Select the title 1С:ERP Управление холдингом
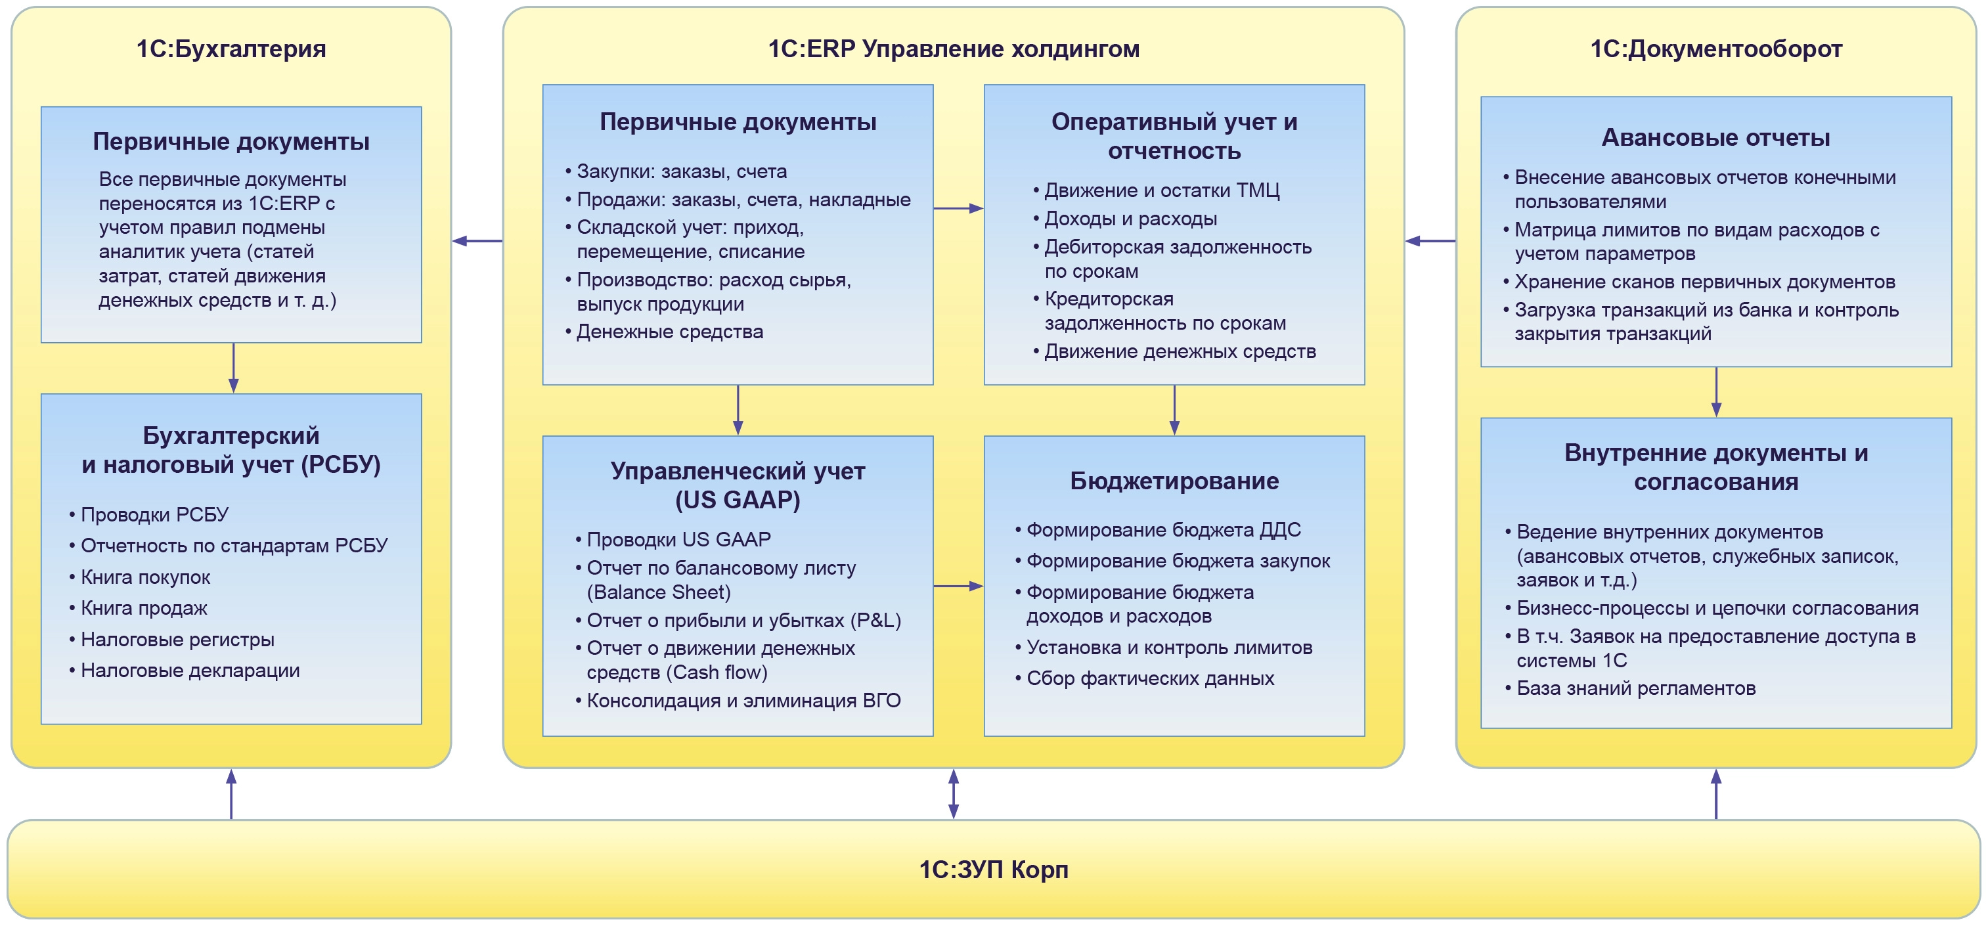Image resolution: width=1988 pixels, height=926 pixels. coord(953,49)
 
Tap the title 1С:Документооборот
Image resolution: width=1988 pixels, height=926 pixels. coord(1715,49)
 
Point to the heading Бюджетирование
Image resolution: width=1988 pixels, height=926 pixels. coord(1174,481)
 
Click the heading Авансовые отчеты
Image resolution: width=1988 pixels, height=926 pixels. coord(1715,137)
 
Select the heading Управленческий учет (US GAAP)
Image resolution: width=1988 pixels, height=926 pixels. coord(738,485)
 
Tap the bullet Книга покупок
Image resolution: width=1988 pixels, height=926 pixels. coord(145,577)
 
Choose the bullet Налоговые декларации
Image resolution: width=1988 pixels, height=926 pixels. coord(190,671)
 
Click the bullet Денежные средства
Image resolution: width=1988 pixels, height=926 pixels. coord(669,332)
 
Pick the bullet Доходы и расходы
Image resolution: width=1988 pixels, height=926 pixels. coord(1130,219)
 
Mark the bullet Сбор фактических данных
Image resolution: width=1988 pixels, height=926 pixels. coord(1150,678)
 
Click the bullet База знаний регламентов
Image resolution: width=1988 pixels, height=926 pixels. coord(1635,688)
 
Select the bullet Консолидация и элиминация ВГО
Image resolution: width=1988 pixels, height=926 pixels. coord(743,701)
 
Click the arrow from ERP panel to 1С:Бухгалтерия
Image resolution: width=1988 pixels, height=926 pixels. coord(477,241)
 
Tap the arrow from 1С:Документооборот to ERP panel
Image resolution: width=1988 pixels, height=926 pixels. coord(1430,241)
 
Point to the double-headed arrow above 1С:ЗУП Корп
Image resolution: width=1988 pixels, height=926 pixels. coord(953,793)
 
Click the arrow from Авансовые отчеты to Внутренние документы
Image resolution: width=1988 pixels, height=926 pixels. coord(1715,392)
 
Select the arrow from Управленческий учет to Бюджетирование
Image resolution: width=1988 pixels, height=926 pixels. coord(958,586)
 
